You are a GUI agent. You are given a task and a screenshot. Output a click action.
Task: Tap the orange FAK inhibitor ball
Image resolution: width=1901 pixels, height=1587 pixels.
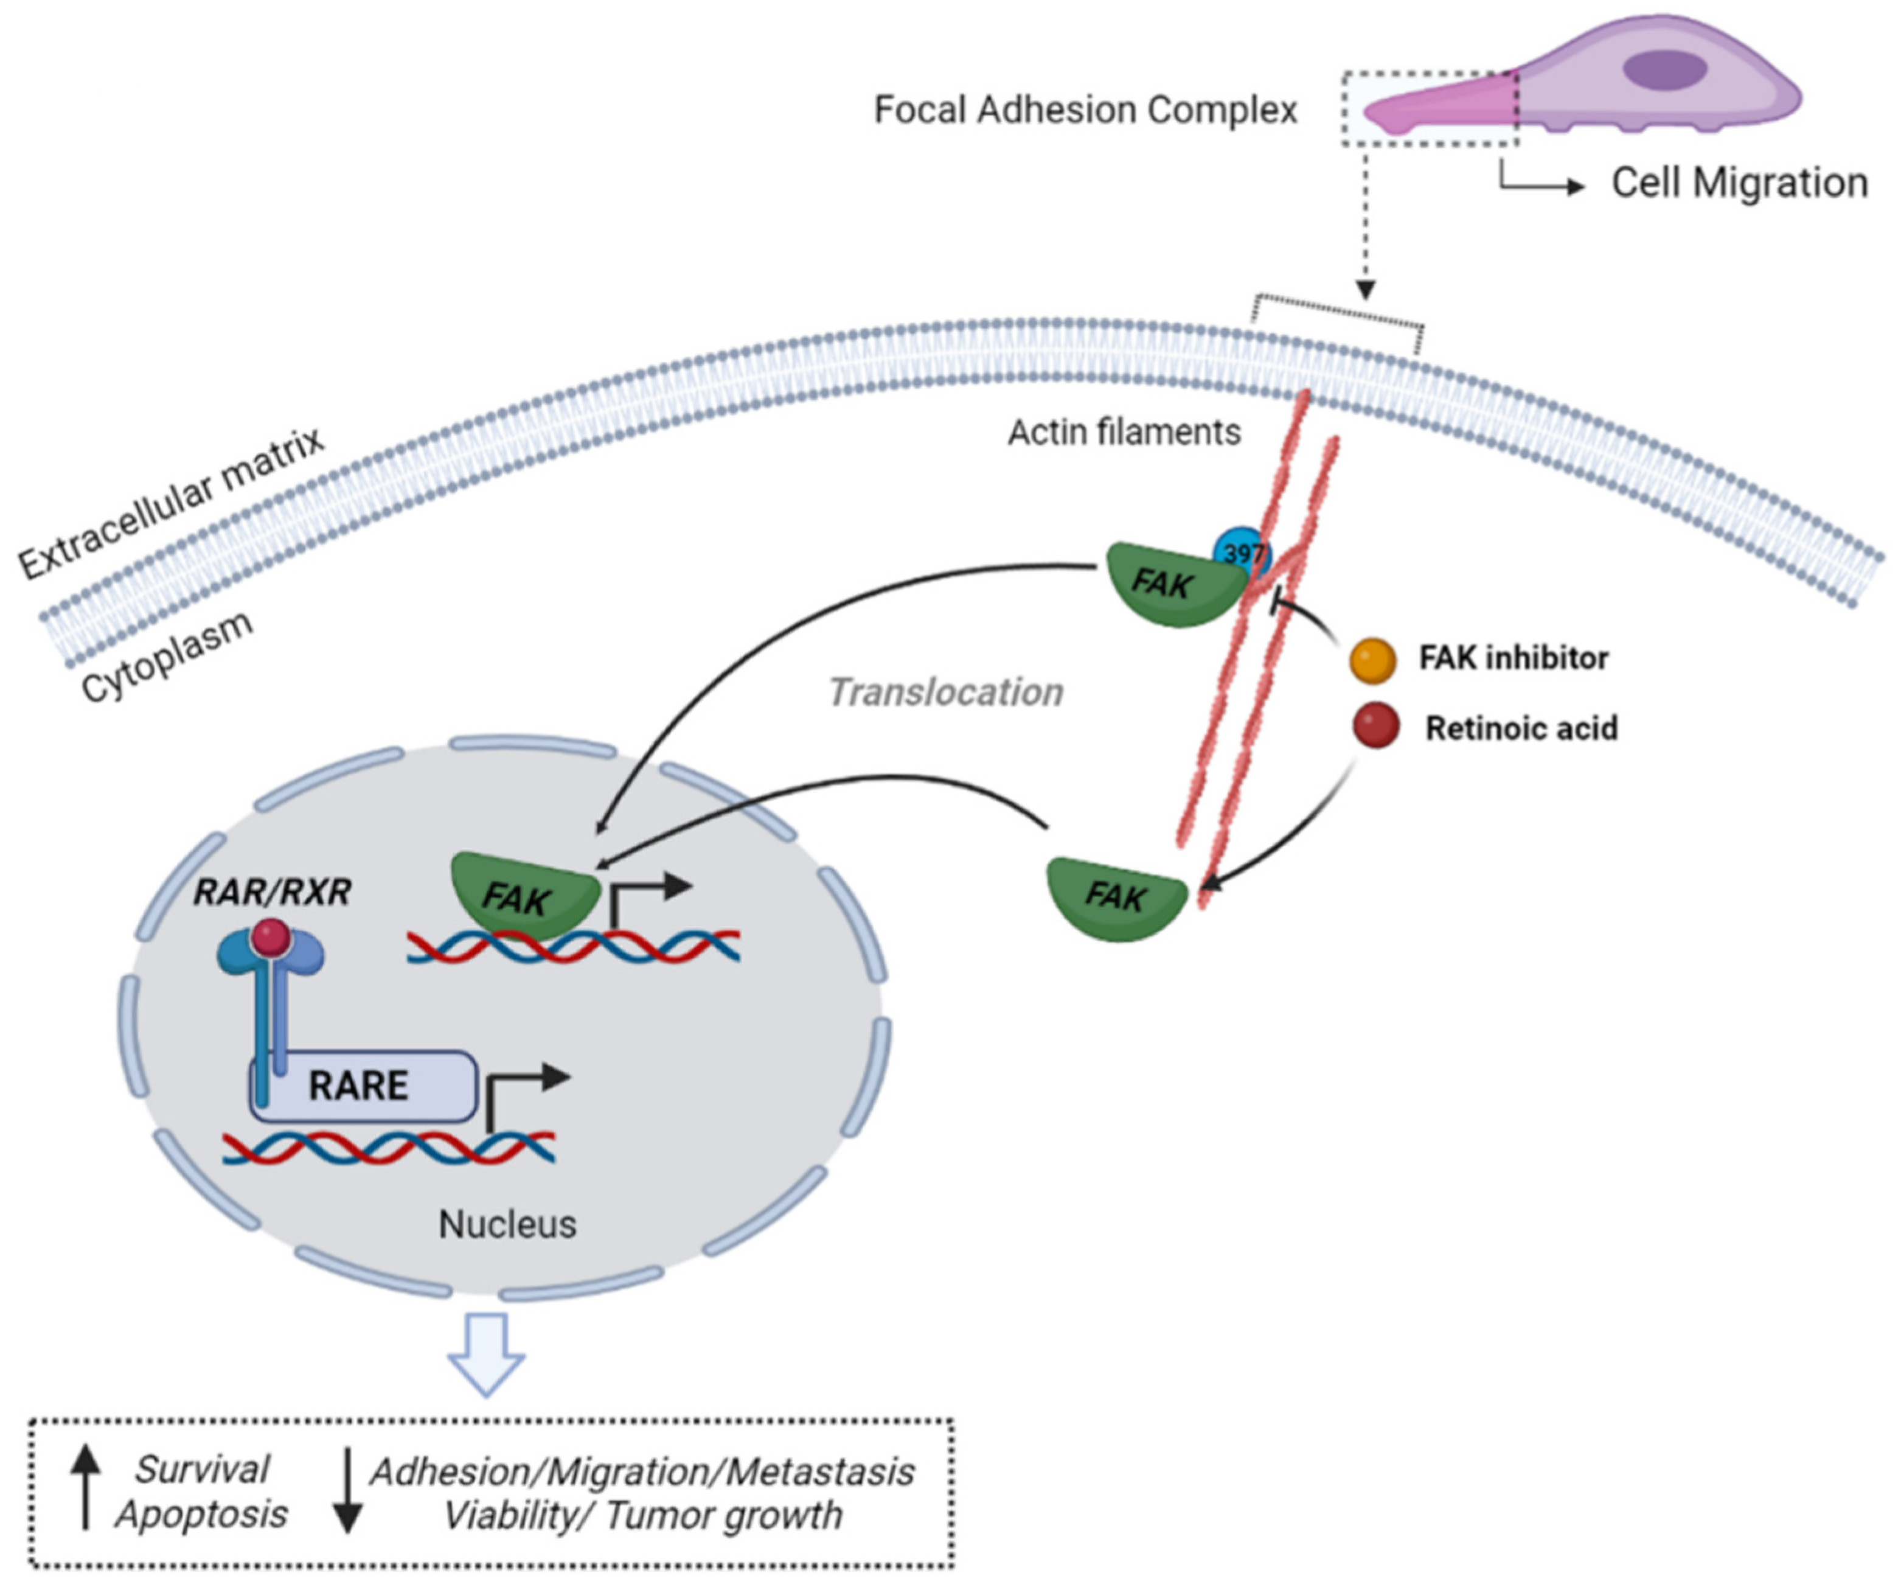pos(1372,659)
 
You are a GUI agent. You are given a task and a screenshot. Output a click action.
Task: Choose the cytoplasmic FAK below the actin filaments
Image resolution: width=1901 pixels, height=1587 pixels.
pos(1115,898)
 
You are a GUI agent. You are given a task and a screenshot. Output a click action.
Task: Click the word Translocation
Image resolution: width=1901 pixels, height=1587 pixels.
pos(945,692)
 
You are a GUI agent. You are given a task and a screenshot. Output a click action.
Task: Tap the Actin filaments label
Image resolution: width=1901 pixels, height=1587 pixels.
pos(1124,433)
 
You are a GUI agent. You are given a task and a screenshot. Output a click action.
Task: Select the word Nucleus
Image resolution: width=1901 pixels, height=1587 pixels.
pos(507,1224)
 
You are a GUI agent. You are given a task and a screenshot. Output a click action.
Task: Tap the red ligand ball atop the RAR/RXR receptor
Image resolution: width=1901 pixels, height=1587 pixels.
pos(271,936)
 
